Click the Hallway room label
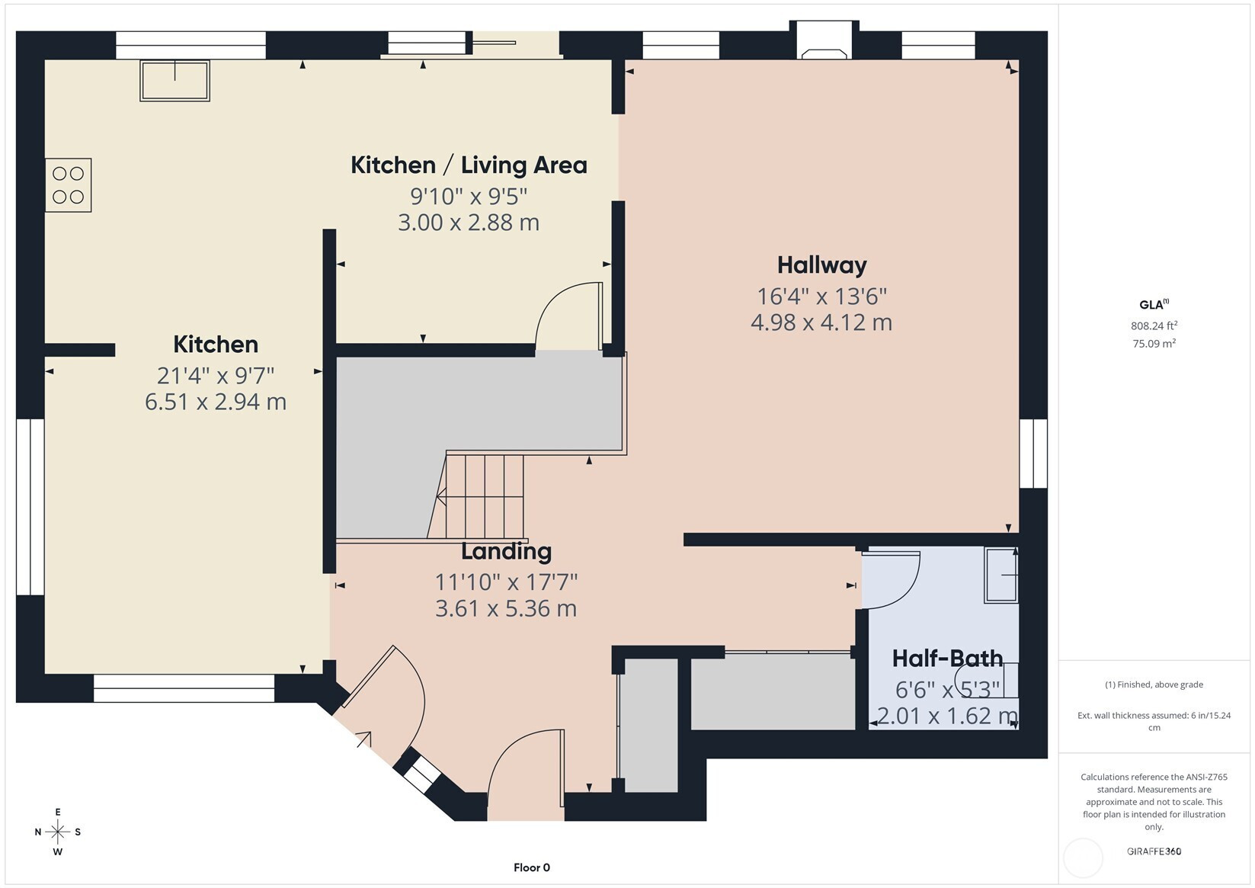point(821,265)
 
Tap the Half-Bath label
point(947,659)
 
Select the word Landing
point(506,552)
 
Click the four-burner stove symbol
point(69,185)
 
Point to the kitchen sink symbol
point(174,81)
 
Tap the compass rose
point(58,832)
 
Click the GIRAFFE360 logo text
point(1154,851)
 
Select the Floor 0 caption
point(532,867)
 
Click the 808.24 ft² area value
point(1154,325)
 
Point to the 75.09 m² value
point(1154,344)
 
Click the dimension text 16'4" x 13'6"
point(822,296)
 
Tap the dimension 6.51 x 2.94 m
point(216,402)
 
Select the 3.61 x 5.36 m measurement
point(506,609)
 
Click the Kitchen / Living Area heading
point(469,165)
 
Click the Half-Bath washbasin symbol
point(1001,575)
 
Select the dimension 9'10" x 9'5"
point(469,197)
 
